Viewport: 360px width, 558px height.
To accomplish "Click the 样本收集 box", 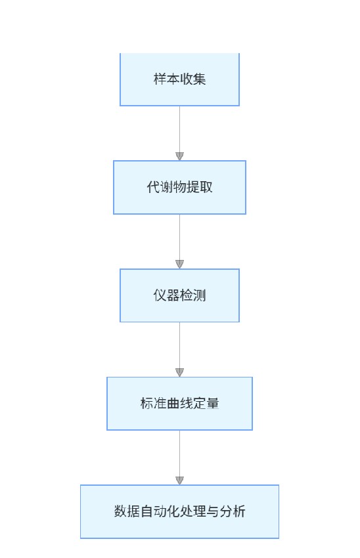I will click(179, 79).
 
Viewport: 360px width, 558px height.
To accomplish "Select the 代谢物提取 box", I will click(179, 187).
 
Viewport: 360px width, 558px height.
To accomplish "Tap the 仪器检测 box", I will click(179, 295).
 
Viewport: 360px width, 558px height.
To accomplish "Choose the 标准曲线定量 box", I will click(179, 403).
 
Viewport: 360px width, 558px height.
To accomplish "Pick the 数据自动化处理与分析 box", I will click(179, 511).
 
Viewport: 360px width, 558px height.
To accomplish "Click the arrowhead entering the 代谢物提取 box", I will click(179, 156).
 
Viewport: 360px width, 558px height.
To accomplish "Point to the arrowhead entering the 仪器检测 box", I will click(179, 265).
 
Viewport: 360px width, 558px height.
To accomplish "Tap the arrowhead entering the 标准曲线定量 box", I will click(179, 372).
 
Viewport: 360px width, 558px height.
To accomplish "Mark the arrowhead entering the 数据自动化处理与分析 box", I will click(179, 481).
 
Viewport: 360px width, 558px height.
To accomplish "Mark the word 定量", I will click(206, 403).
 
